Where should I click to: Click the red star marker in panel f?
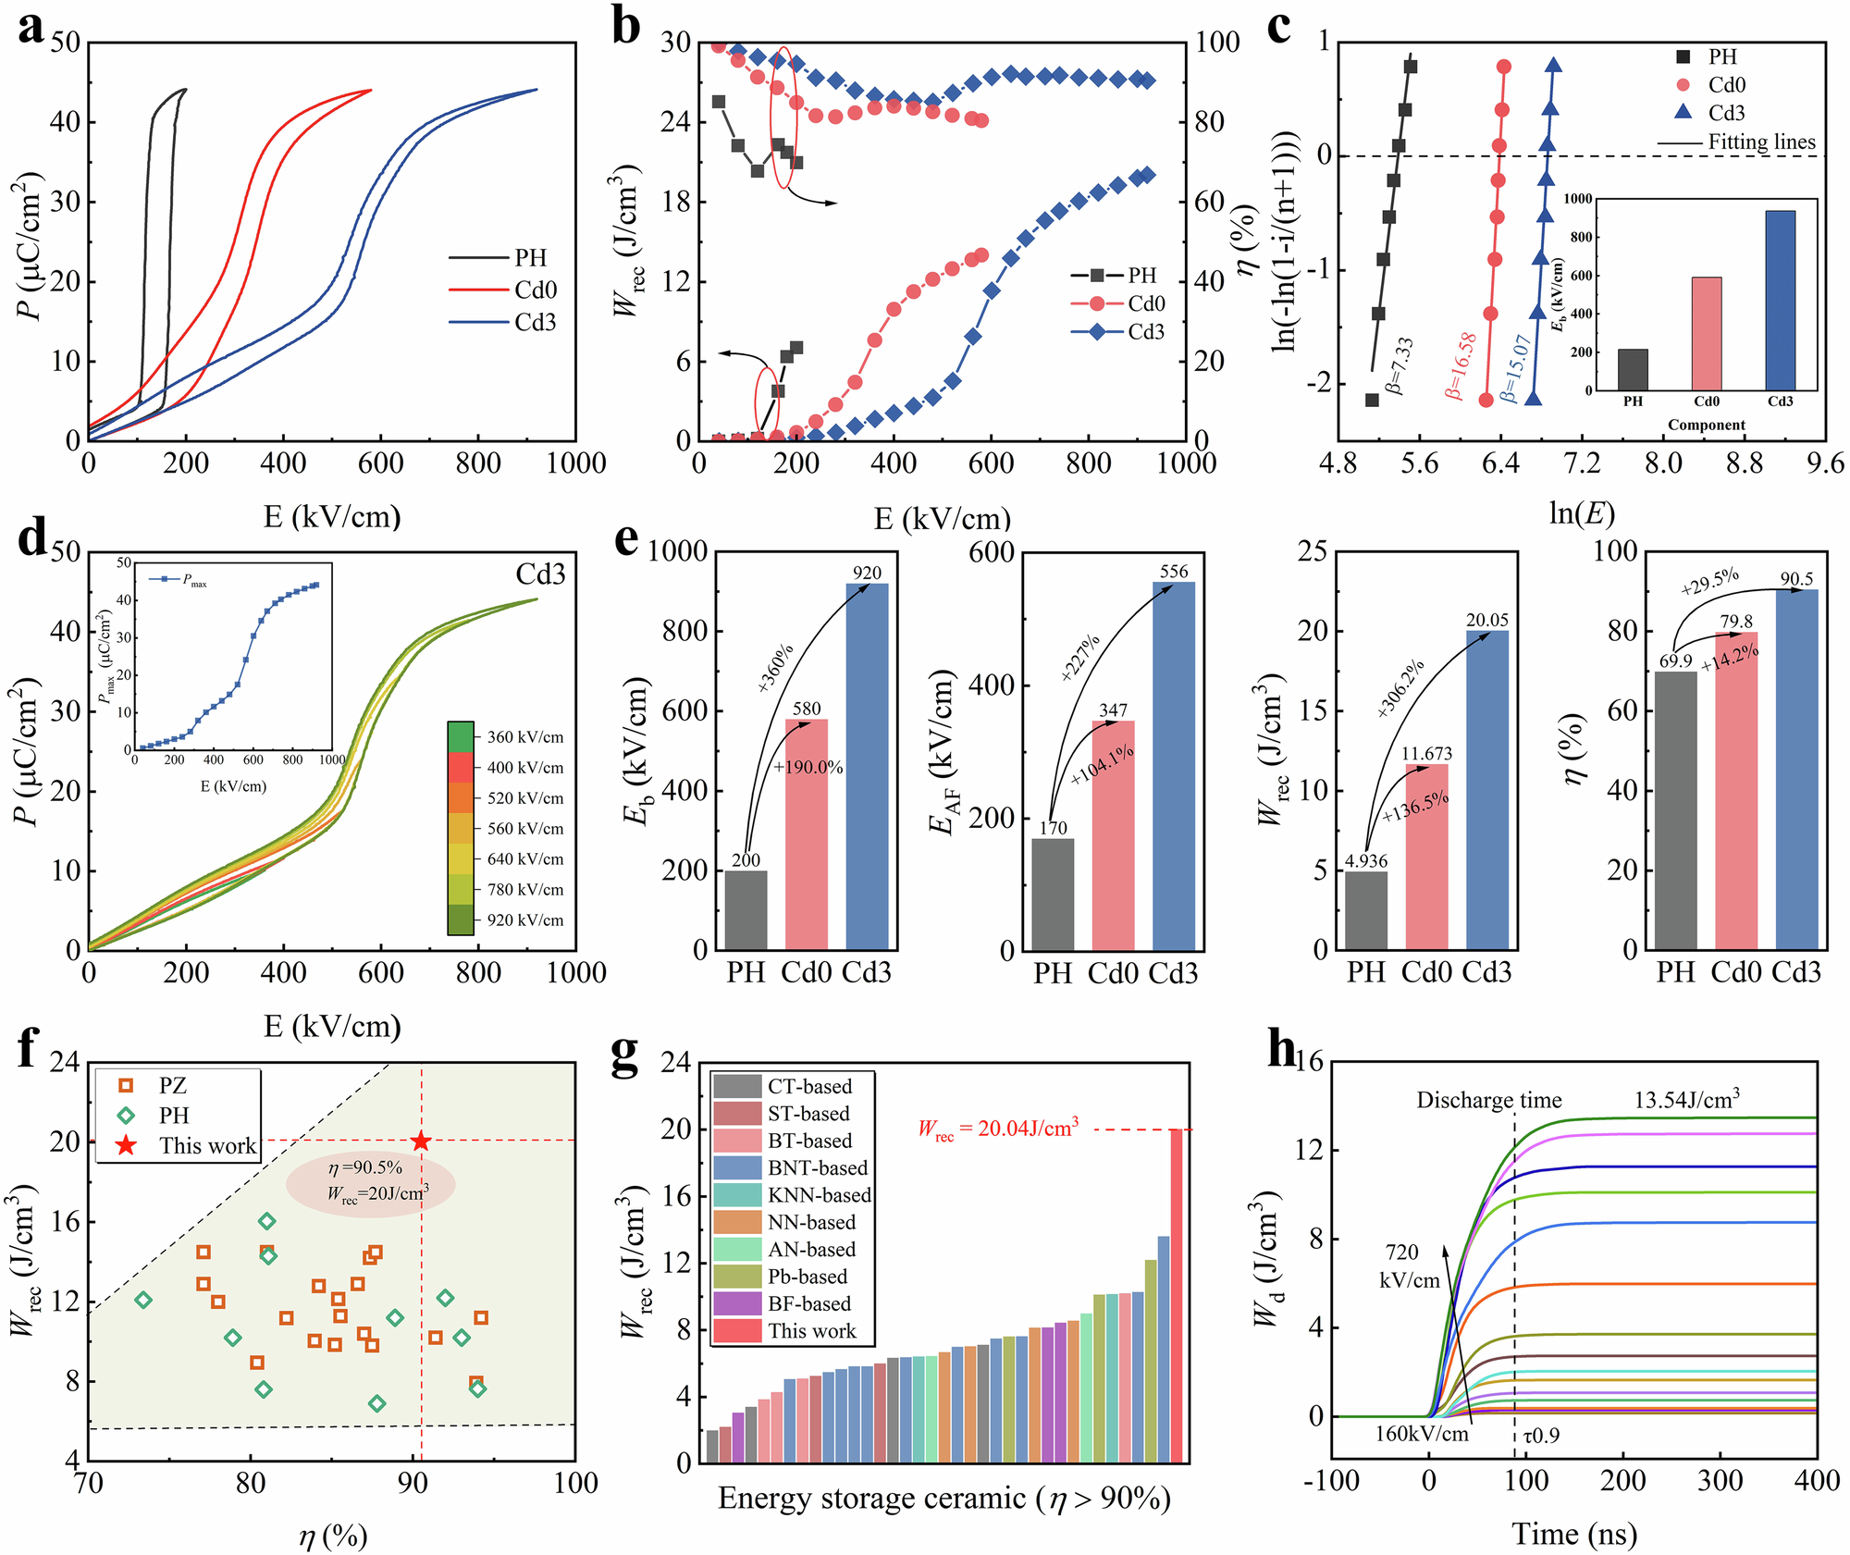click(421, 1142)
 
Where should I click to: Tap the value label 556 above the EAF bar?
click(1174, 572)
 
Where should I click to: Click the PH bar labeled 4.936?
click(1366, 910)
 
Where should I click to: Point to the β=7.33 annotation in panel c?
click(1400, 365)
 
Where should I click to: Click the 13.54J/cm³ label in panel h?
click(1686, 1100)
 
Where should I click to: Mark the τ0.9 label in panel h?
click(1541, 1436)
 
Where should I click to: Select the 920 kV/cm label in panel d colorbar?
click(524, 920)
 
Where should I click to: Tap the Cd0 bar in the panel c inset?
click(1706, 333)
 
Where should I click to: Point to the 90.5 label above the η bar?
click(1796, 579)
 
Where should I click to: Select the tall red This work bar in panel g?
click(1176, 1295)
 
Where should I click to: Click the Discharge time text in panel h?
click(1488, 1101)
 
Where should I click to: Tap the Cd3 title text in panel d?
click(540, 574)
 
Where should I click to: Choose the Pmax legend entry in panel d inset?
click(193, 581)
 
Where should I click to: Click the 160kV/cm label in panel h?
click(1422, 1435)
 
